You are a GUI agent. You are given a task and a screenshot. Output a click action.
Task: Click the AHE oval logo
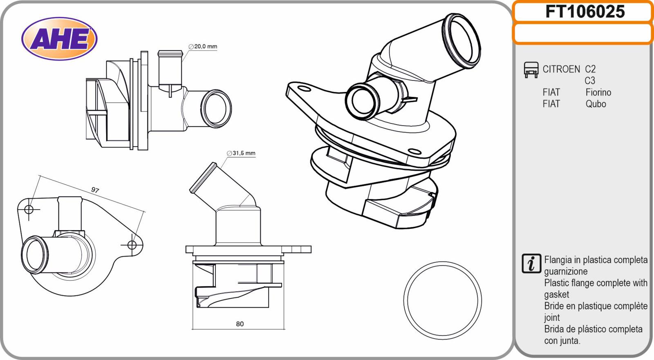point(59,39)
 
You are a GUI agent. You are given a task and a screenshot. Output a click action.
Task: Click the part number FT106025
point(585,12)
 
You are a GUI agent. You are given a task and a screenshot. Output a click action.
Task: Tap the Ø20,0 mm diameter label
point(203,47)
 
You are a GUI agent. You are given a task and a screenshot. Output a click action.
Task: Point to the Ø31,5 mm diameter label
point(241,153)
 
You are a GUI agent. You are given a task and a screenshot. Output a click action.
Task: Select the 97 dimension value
point(95,190)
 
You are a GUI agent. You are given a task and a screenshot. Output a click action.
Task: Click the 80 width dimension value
point(240,324)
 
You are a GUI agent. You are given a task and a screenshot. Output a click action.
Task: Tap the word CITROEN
point(561,69)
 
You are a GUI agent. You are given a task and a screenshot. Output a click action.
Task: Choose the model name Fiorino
point(598,92)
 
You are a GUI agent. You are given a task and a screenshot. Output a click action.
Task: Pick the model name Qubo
point(596,104)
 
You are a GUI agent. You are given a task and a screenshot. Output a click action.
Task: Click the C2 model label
point(590,69)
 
